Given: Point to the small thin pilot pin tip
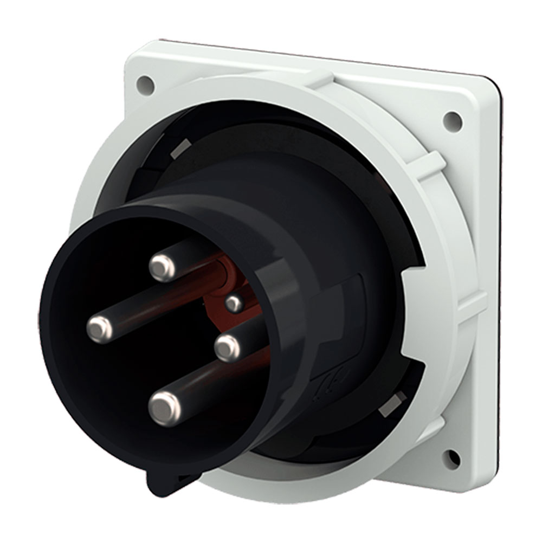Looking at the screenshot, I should tap(234, 304).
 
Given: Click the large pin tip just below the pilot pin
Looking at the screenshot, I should tap(227, 347).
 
